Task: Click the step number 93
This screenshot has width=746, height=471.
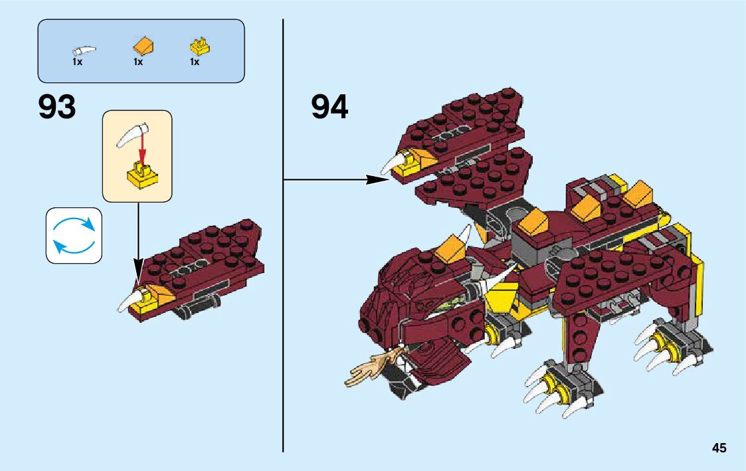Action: coord(57,107)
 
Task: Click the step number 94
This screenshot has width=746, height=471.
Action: coord(329,107)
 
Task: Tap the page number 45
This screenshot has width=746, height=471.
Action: coord(719,448)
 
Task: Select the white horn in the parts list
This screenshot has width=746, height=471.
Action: coord(84,50)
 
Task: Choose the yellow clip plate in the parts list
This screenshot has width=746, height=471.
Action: coord(199,47)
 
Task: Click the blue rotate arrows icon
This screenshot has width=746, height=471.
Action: coord(74,235)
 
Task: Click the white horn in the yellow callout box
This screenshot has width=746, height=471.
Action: coord(132,134)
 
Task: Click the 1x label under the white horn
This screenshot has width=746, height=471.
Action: coord(77,62)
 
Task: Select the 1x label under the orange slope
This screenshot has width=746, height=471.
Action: coord(138,62)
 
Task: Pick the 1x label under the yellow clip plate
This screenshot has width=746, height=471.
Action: coord(195,62)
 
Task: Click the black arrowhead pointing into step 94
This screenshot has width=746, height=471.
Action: coord(379,179)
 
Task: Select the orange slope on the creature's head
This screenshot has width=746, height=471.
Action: coord(450,246)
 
